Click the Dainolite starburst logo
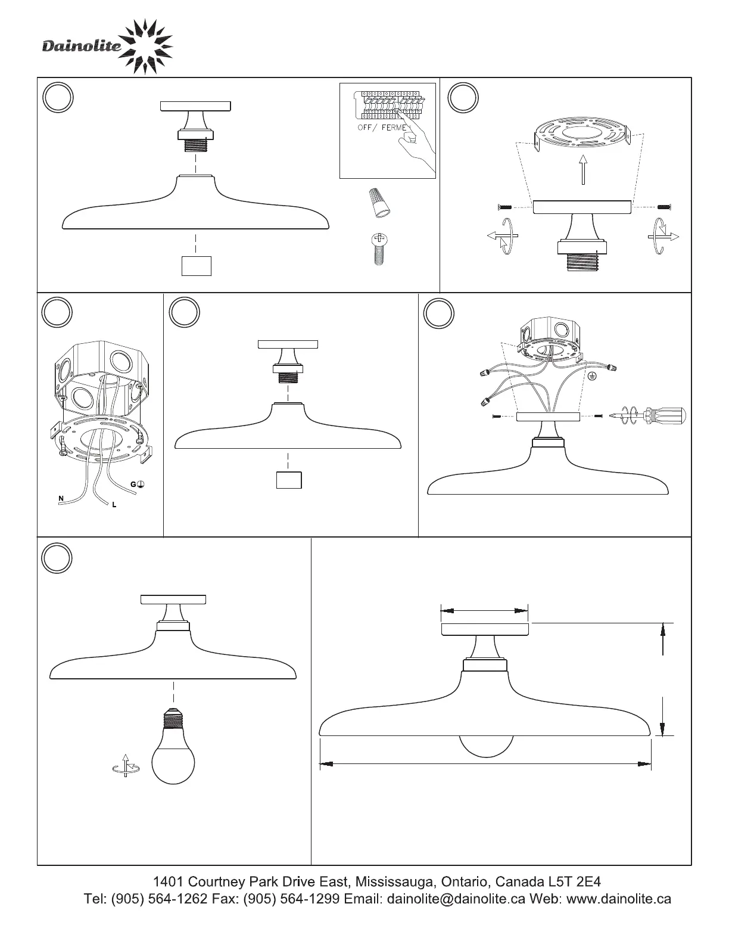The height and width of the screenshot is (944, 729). point(146,47)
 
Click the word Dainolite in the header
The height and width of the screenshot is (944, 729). point(82,46)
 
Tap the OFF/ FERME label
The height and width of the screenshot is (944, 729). point(382,128)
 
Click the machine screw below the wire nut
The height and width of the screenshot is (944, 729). point(377,249)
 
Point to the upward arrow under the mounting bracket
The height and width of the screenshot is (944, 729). point(584,170)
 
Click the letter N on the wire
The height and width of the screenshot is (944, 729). point(61,498)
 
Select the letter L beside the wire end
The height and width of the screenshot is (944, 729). point(114,505)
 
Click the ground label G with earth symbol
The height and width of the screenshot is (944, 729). point(137,485)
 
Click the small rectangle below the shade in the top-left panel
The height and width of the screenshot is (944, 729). point(197,266)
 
